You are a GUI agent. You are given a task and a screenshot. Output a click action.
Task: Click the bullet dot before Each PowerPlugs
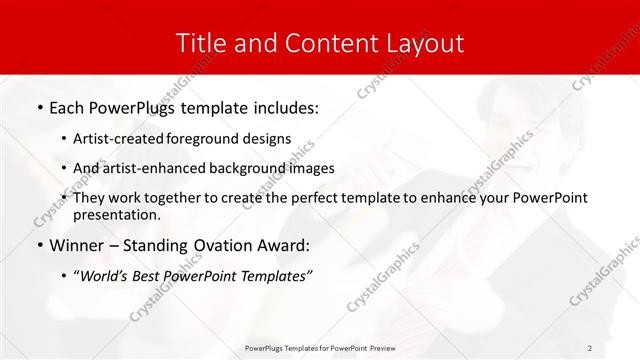39,106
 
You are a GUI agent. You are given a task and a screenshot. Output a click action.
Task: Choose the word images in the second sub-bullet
312,168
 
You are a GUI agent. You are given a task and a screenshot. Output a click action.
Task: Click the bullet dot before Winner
39,245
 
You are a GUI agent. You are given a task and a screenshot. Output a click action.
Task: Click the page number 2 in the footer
590,347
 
